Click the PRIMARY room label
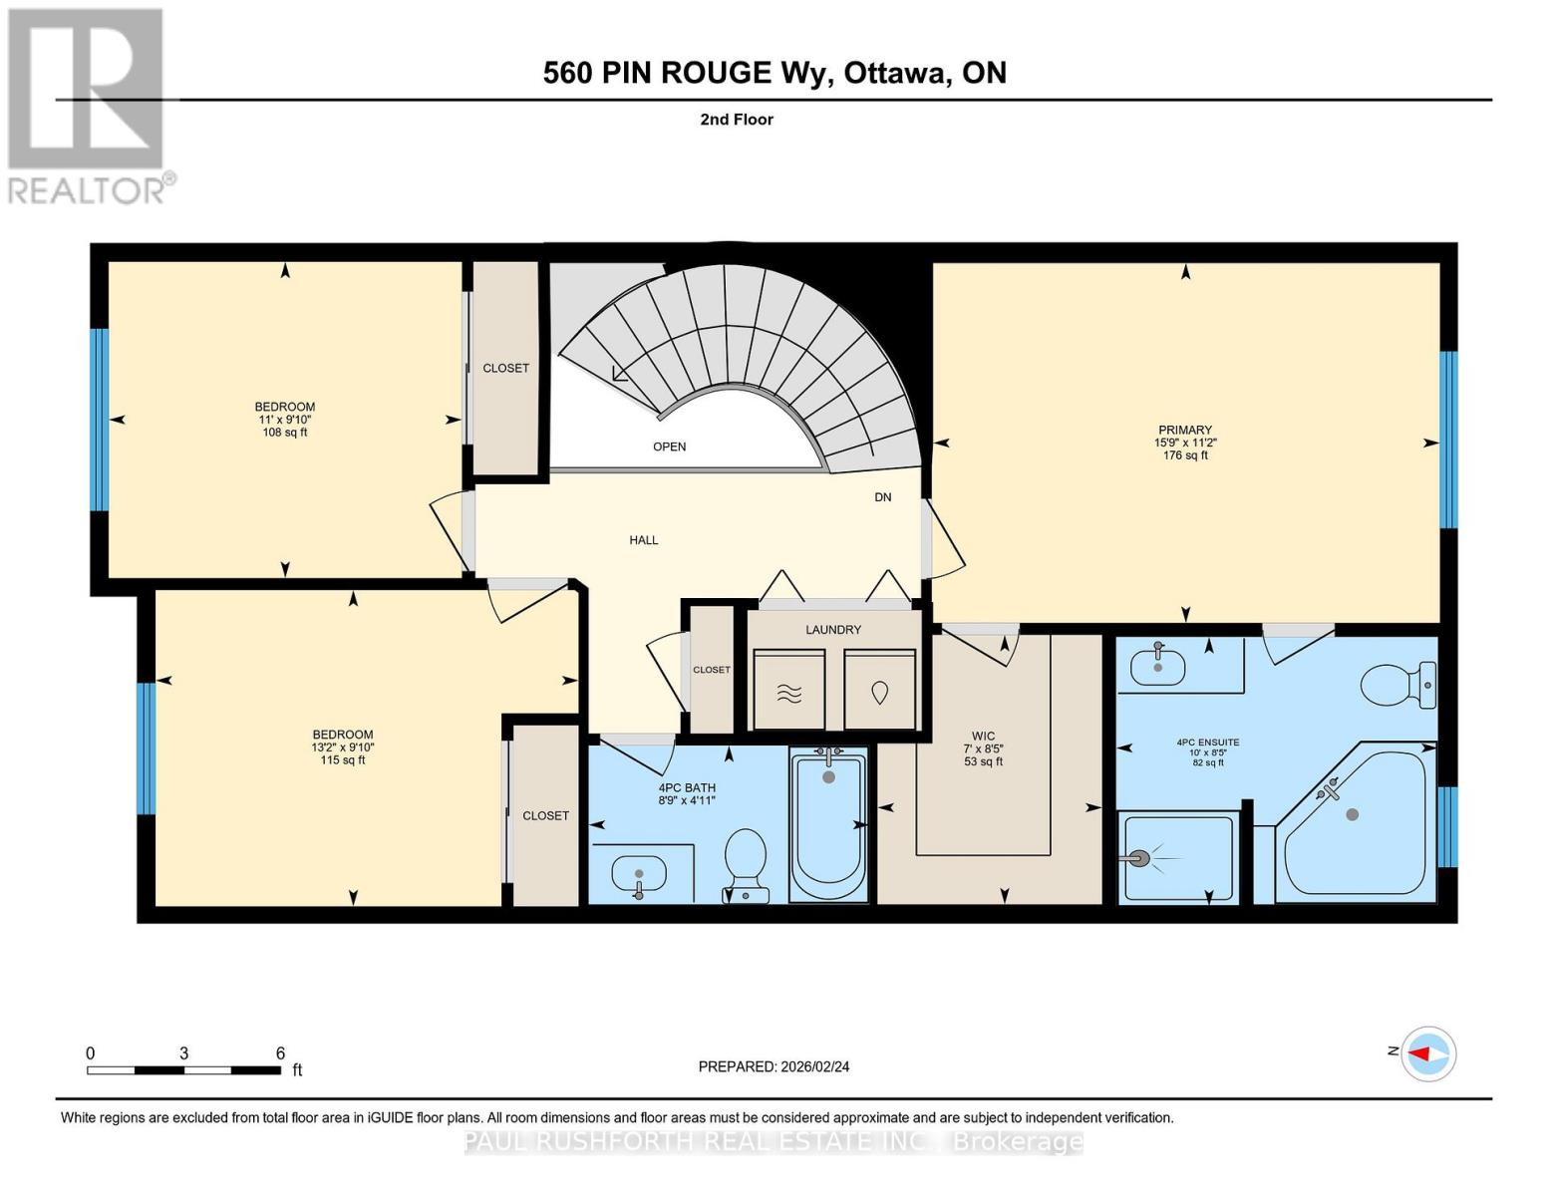1184,430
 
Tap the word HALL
644,540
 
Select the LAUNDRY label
833,630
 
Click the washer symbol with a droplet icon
879,691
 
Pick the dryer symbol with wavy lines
788,691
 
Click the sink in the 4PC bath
637,877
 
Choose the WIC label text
983,737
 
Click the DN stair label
882,497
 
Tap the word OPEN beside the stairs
670,447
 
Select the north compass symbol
1428,1053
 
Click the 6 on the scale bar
280,1053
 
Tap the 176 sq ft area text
1185,455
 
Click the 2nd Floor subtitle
737,120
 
